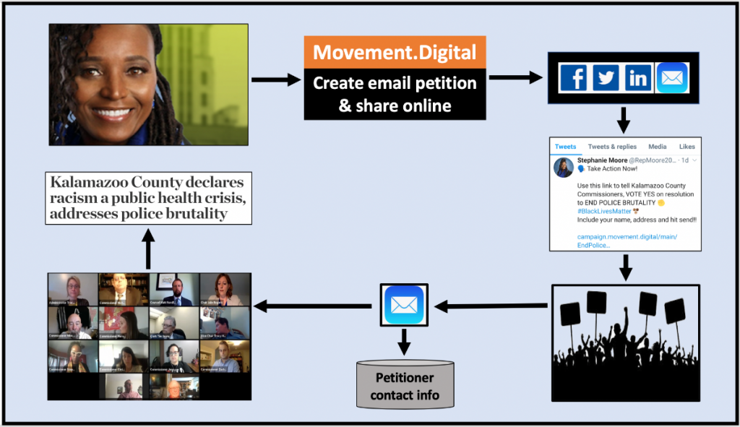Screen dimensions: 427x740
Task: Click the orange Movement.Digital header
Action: [395, 52]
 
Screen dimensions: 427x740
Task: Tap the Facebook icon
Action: [574, 77]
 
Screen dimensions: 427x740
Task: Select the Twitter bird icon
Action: [606, 77]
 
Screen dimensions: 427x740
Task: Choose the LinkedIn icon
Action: [639, 77]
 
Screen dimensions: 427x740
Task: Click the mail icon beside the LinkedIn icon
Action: [672, 77]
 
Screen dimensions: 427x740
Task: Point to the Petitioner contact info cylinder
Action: [404, 386]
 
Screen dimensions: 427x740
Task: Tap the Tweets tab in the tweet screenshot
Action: [565, 147]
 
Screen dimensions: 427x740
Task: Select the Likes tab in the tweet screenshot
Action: [687, 147]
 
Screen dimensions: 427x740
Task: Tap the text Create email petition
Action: [395, 84]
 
